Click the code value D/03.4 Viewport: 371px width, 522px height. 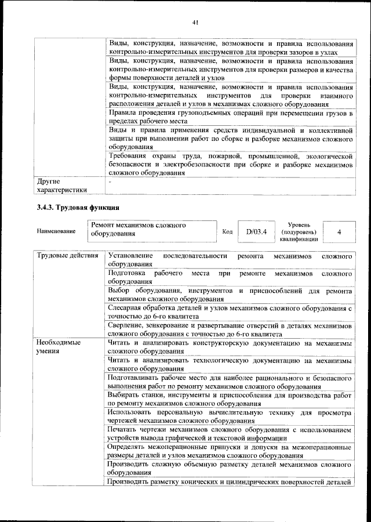coord(256,232)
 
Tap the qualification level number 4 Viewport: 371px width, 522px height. coord(338,232)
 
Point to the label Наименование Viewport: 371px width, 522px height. coord(56,232)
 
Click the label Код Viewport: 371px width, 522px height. coord(227,232)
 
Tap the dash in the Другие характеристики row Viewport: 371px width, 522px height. coord(110,182)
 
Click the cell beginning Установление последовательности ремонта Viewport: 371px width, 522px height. coord(230,260)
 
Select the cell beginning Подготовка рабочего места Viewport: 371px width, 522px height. coord(230,277)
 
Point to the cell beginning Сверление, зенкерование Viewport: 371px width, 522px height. coord(230,329)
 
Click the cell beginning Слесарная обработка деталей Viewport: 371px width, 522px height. coord(230,311)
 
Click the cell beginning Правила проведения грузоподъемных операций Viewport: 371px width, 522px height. coord(230,117)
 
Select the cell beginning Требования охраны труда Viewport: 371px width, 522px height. coord(230,164)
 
